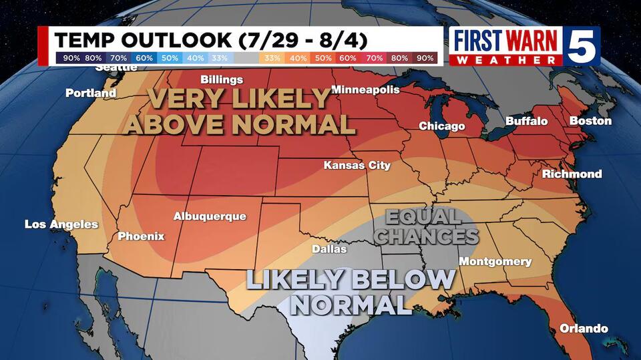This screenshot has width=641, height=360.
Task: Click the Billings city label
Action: (x=222, y=79)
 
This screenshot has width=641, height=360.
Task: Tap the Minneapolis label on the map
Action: (x=365, y=89)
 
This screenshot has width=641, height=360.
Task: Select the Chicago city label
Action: (x=441, y=126)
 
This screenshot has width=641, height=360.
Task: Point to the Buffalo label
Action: (x=526, y=122)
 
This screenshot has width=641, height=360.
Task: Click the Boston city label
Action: (x=590, y=121)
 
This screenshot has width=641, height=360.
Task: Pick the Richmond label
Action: (x=572, y=174)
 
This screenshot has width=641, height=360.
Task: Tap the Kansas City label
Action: (x=357, y=165)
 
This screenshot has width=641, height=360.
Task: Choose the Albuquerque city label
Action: (x=210, y=216)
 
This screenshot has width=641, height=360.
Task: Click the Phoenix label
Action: (x=141, y=236)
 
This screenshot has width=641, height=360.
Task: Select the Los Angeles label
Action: (x=61, y=224)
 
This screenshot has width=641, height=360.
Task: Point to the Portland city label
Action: (x=91, y=94)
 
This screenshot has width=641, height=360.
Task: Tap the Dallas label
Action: (x=330, y=249)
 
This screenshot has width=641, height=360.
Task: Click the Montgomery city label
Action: (x=495, y=261)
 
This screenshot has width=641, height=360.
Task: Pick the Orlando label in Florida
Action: (x=584, y=329)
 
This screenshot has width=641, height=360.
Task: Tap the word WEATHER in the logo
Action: (x=505, y=60)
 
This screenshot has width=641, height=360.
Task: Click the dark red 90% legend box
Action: (x=425, y=58)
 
